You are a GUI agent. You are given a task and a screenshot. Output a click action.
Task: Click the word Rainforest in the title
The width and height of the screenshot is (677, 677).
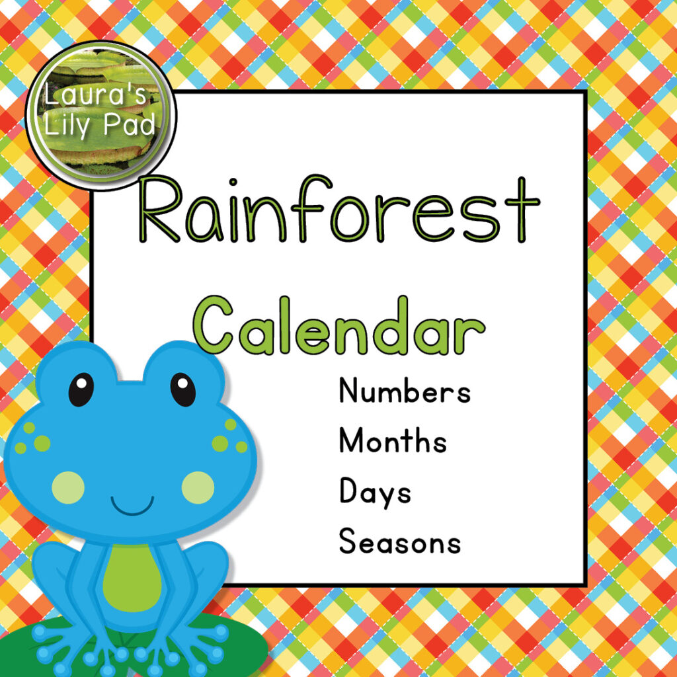[338, 210]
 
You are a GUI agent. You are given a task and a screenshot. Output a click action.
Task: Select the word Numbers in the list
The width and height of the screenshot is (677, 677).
[405, 391]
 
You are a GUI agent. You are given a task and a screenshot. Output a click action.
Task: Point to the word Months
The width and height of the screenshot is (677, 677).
[393, 441]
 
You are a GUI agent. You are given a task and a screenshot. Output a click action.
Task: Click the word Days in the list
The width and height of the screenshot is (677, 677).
[375, 493]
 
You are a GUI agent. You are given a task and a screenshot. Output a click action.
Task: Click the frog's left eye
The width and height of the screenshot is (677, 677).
[81, 389]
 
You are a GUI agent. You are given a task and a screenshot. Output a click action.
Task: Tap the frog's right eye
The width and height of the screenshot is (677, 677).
[183, 389]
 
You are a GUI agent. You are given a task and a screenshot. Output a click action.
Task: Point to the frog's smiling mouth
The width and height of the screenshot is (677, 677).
[132, 507]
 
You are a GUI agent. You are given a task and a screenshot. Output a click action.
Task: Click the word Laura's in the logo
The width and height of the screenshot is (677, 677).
[97, 98]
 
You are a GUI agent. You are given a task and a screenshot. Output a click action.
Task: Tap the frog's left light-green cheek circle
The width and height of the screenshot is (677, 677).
[68, 488]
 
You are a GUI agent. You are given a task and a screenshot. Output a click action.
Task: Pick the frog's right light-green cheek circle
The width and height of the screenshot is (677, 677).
[198, 488]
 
